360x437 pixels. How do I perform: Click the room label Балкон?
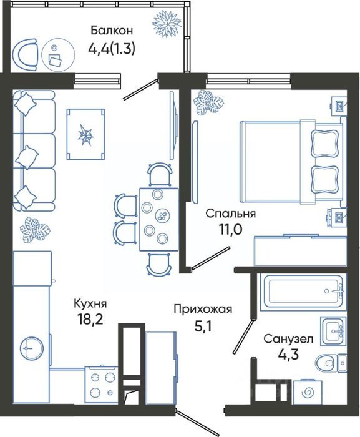[112, 31]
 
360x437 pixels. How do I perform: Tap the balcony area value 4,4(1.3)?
[112, 49]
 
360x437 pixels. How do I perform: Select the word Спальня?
[230, 214]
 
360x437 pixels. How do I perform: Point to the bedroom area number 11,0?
[230, 230]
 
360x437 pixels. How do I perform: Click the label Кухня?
[90, 303]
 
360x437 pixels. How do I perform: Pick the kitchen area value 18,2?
[90, 319]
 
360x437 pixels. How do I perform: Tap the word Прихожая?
[203, 309]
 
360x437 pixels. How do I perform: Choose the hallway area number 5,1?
[203, 326]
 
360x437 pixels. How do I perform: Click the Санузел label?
[288, 339]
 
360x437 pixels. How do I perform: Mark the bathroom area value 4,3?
[288, 355]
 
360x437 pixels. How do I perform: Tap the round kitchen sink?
[31, 348]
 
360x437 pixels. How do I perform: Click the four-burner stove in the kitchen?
[102, 385]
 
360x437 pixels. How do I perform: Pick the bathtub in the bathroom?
[303, 292]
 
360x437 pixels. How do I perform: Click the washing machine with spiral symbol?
[308, 392]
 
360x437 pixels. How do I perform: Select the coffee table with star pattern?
[86, 134]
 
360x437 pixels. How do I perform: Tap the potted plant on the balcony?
[167, 24]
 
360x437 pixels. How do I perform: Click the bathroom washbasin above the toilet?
[333, 331]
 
